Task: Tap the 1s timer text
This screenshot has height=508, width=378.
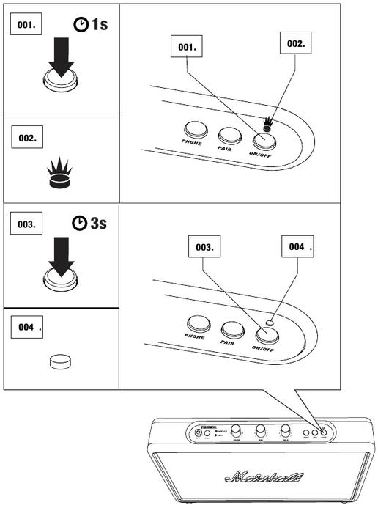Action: click(x=97, y=24)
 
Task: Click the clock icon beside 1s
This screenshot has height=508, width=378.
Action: click(x=79, y=25)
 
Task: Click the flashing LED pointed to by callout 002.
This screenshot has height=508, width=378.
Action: click(x=270, y=123)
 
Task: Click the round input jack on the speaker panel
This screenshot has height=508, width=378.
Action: click(x=199, y=433)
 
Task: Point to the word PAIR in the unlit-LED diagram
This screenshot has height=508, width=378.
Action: click(x=228, y=342)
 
